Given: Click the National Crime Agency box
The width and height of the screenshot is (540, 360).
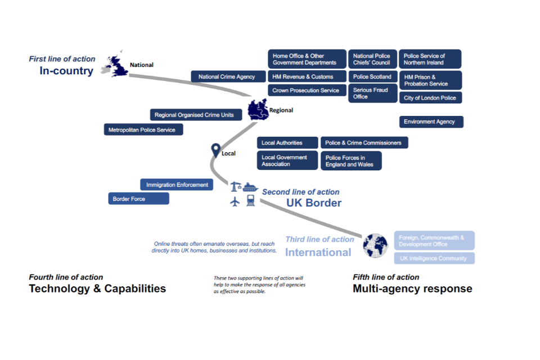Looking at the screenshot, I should click(x=227, y=76).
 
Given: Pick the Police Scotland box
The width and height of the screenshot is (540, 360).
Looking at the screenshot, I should click(x=372, y=76).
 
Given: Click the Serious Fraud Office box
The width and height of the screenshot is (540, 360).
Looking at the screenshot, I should click(x=372, y=93).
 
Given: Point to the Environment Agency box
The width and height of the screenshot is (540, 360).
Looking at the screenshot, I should click(x=431, y=121).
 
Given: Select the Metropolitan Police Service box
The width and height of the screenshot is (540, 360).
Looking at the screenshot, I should click(x=143, y=130).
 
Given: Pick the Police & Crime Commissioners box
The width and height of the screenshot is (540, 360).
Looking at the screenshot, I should click(x=364, y=143).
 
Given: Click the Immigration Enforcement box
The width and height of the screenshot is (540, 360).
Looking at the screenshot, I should click(x=177, y=184).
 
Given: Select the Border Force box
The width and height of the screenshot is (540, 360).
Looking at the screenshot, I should click(x=138, y=199).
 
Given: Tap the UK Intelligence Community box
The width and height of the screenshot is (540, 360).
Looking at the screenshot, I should click(x=434, y=258).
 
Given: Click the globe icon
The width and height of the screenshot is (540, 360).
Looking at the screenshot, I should click(x=375, y=245).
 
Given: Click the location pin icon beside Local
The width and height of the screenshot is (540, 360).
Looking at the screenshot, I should click(x=215, y=150).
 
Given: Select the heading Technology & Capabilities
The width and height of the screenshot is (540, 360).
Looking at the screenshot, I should click(x=97, y=289).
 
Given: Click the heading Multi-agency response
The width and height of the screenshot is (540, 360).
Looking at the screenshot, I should click(x=412, y=289).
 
